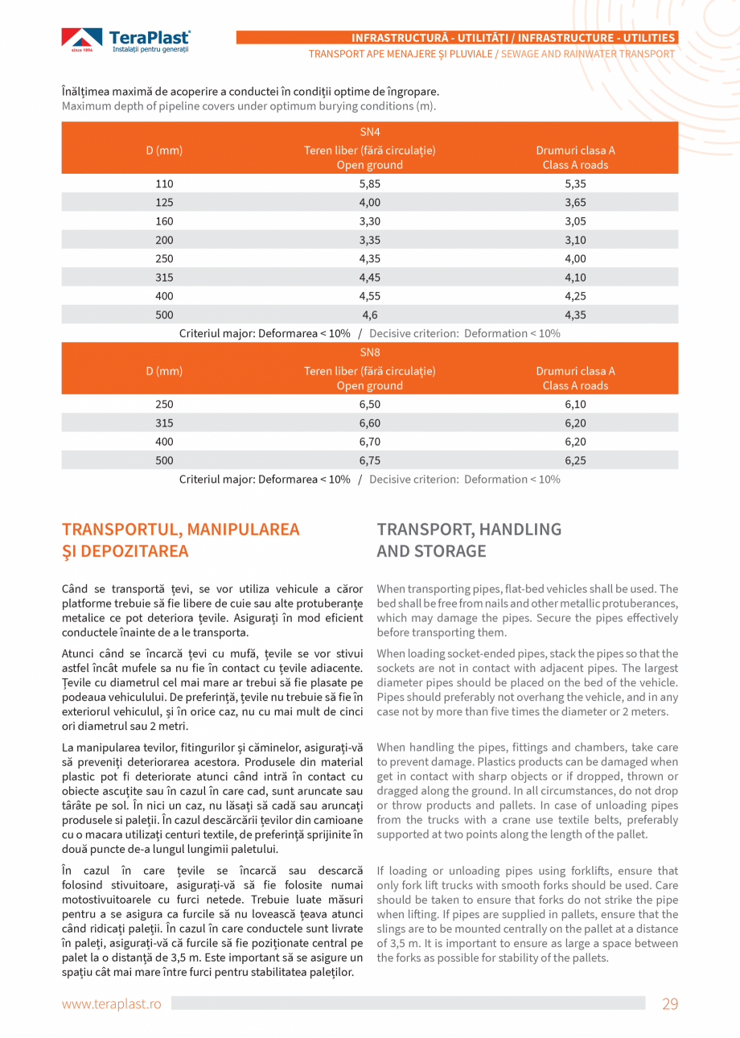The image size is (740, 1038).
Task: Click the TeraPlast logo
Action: click(x=126, y=40)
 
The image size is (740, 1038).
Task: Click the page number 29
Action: click(x=670, y=1003)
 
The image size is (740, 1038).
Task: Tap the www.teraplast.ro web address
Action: click(x=112, y=1004)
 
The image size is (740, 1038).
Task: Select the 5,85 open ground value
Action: click(x=369, y=184)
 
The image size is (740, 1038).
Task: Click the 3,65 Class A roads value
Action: click(x=575, y=203)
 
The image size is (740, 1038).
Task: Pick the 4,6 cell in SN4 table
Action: click(x=369, y=315)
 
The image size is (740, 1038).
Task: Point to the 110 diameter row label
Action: click(x=164, y=184)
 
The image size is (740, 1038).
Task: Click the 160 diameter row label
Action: click(x=164, y=221)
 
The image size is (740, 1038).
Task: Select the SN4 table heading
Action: click(x=369, y=131)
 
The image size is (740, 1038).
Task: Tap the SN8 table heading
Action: click(x=369, y=352)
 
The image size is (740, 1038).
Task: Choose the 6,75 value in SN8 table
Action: click(x=369, y=461)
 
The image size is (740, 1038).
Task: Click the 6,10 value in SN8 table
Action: click(x=575, y=405)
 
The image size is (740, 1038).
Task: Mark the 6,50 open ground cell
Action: click(x=369, y=405)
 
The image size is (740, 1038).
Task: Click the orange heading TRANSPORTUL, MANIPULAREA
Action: click(x=180, y=529)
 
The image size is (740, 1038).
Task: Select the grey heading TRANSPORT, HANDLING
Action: click(x=469, y=529)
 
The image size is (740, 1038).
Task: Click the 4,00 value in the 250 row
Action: click(x=575, y=258)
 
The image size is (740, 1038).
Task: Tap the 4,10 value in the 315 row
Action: click(x=575, y=278)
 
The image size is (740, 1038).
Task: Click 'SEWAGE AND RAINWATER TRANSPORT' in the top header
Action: click(x=588, y=54)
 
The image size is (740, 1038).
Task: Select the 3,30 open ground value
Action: click(x=369, y=221)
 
